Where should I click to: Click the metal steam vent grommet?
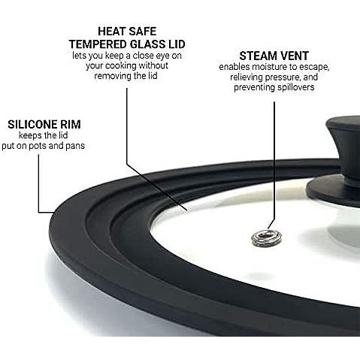tap(266, 237)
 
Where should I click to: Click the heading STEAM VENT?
tap(274, 56)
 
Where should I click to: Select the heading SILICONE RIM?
tap(44, 125)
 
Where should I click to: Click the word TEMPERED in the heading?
tap(98, 44)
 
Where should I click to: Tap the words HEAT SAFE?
tap(127, 32)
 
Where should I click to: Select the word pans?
tap(75, 147)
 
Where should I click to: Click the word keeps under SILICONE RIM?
tap(30, 136)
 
